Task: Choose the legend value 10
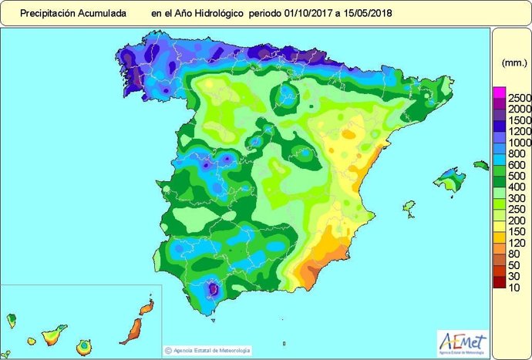pos(514,287)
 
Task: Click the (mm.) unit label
pos(513,62)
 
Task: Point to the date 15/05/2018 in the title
pos(365,13)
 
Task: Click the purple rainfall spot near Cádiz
pos(214,290)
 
